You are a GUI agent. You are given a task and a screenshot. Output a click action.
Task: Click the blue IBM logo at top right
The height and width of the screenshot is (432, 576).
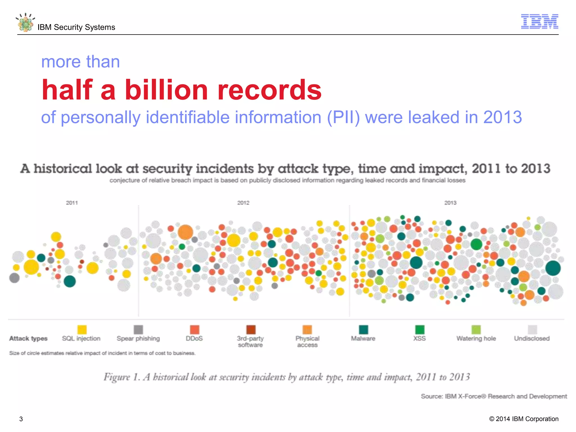(539, 21)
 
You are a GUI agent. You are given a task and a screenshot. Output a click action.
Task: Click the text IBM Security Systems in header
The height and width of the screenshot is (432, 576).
(76, 27)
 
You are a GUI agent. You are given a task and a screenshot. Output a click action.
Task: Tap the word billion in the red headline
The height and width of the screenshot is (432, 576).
(166, 90)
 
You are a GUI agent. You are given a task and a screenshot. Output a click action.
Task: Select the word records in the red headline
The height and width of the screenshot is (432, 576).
(269, 90)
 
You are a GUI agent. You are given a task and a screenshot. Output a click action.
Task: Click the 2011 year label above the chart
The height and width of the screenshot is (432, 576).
(72, 203)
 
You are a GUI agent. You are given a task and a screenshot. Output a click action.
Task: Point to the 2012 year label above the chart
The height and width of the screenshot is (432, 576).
(243, 203)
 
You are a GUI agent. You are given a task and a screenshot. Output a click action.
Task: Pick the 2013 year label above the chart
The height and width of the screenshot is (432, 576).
(450, 203)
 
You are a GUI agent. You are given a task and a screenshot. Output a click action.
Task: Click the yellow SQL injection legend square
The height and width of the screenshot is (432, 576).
(82, 329)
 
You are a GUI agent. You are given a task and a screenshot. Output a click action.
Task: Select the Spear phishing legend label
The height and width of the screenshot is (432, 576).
(138, 339)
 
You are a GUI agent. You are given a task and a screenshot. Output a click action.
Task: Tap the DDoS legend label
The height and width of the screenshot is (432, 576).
(194, 339)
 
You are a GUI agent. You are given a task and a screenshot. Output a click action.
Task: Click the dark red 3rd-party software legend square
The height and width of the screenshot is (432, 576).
(251, 329)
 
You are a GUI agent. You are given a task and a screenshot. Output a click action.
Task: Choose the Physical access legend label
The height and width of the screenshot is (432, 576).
(307, 341)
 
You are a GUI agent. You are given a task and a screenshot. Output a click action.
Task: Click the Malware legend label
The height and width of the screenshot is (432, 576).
(363, 339)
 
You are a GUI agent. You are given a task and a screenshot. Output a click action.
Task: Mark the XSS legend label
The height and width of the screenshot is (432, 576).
(419, 339)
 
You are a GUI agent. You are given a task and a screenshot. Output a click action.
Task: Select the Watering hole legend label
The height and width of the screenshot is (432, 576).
(476, 339)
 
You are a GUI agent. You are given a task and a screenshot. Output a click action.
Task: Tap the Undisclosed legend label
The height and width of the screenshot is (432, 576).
(532, 339)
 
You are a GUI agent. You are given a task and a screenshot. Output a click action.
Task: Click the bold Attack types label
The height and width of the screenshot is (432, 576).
(28, 339)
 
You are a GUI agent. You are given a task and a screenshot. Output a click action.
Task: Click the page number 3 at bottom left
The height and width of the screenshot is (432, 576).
(21, 419)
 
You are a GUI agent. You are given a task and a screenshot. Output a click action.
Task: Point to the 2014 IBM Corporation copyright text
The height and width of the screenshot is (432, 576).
(524, 419)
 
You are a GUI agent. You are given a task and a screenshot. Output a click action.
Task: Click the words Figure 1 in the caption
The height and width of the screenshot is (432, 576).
(121, 377)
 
